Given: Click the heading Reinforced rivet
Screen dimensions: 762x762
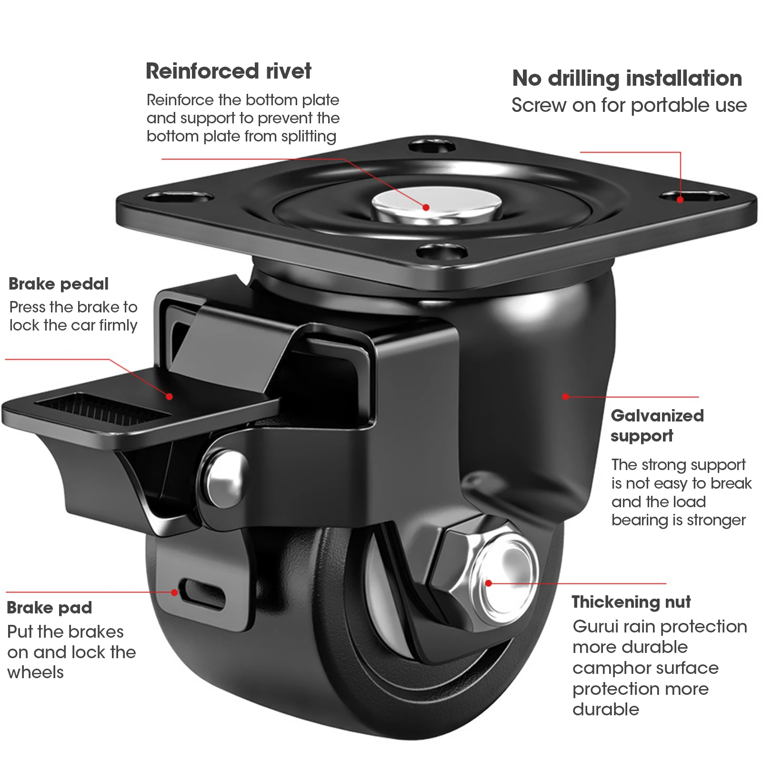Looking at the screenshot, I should (228, 71).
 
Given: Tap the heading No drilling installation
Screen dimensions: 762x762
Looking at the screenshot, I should (627, 79).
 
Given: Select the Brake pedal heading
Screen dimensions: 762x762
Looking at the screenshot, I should (59, 284).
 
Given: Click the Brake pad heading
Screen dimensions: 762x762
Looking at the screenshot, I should (49, 608).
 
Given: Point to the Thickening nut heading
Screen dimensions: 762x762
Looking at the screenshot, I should (631, 602).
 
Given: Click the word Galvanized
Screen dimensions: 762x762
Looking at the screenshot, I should (657, 416).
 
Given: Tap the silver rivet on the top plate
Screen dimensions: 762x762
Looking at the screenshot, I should (436, 205).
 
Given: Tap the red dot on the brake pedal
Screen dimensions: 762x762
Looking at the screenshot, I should (170, 396).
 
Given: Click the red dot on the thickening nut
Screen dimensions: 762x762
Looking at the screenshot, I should (489, 583).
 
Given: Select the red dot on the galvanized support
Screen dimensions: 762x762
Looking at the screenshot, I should (565, 396).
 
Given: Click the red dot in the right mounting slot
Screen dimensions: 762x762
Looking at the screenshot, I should (680, 200).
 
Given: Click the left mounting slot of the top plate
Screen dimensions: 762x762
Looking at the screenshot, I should (179, 196).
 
